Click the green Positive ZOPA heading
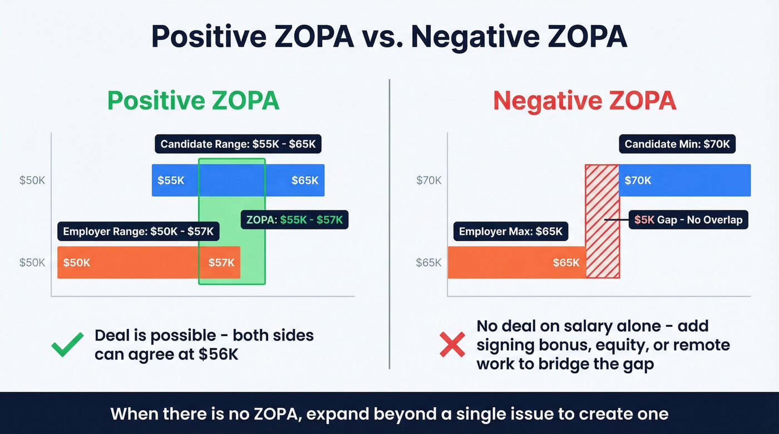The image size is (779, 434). (193, 101)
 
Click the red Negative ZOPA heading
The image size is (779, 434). (584, 101)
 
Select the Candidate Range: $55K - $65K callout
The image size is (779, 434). (238, 144)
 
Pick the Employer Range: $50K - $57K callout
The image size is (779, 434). (138, 232)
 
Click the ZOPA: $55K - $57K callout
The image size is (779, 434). (294, 220)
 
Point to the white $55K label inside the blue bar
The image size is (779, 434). (171, 181)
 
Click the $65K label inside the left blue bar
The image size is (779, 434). (305, 181)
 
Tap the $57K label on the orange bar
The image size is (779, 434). (221, 263)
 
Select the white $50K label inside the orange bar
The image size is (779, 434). (76, 263)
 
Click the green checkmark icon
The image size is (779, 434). (67, 345)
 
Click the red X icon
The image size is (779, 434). (452, 345)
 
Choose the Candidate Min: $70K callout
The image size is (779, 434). (677, 144)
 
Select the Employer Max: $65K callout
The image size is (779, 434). (511, 232)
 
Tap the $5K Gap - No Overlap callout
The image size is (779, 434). (688, 220)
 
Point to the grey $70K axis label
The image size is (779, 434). (429, 181)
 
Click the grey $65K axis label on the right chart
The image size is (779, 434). (428, 263)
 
